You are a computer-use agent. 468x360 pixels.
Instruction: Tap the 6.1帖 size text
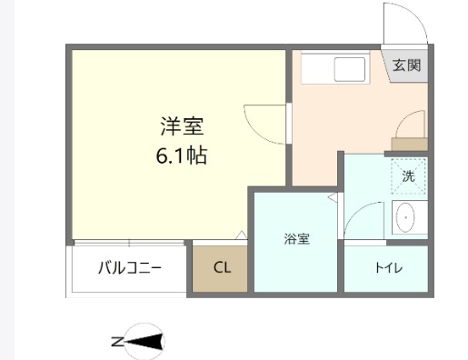[x=181, y=155]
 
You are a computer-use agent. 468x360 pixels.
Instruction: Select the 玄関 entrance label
[x=406, y=65]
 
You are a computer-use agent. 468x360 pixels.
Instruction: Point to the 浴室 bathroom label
[x=296, y=239]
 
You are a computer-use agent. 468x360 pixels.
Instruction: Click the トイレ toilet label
[x=387, y=268]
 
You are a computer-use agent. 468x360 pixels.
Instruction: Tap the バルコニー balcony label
[x=129, y=268]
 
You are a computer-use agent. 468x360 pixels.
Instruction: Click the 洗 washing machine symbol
[x=408, y=176]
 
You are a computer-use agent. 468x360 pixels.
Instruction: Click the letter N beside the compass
[x=116, y=342]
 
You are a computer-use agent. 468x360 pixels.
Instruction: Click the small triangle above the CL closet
[x=241, y=235]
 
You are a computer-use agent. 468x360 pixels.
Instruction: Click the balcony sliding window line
[x=129, y=244]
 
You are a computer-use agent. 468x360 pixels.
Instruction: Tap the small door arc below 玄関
[x=411, y=123]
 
